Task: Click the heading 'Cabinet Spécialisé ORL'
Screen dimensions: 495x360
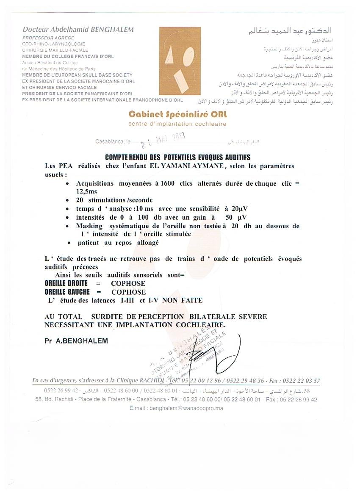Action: point(177,115)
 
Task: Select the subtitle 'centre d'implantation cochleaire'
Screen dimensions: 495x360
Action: point(177,124)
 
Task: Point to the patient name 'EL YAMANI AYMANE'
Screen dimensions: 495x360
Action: point(187,166)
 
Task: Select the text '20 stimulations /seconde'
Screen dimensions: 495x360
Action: point(114,200)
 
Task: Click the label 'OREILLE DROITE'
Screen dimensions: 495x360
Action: point(66,283)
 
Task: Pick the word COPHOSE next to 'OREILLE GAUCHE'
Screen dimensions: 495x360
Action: point(128,292)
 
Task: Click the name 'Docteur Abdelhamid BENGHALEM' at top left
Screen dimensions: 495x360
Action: point(78,30)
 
